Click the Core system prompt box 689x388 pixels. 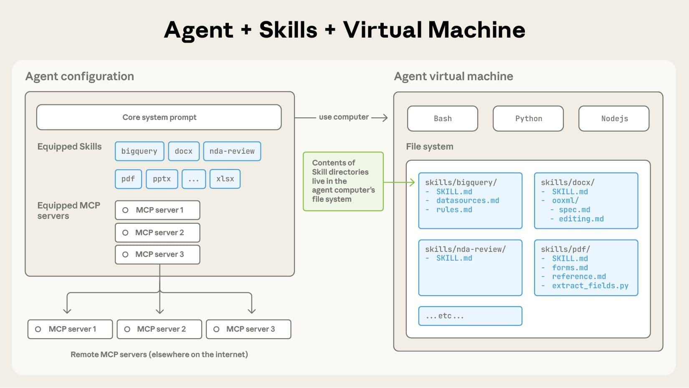[x=159, y=117]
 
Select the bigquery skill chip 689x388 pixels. [x=139, y=151]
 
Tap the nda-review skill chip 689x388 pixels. [x=232, y=151]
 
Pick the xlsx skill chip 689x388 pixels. [x=225, y=179]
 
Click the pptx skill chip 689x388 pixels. [x=162, y=179]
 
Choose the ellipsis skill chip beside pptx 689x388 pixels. [x=193, y=179]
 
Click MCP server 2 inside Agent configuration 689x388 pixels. [x=157, y=233]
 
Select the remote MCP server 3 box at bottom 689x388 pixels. [x=248, y=329]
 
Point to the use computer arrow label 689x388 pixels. [x=344, y=117]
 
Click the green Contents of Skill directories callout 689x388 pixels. [x=343, y=181]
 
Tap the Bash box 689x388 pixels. [x=442, y=119]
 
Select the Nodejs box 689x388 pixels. [x=614, y=119]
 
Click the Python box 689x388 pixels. [x=528, y=119]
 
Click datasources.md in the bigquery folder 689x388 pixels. [x=467, y=200]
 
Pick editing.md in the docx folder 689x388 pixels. [x=581, y=219]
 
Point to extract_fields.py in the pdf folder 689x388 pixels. [x=590, y=286]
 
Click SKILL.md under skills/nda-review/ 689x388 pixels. [x=454, y=258]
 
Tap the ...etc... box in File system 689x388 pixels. [x=470, y=316]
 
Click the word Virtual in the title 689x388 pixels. [x=382, y=30]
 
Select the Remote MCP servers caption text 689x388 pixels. [x=159, y=355]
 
